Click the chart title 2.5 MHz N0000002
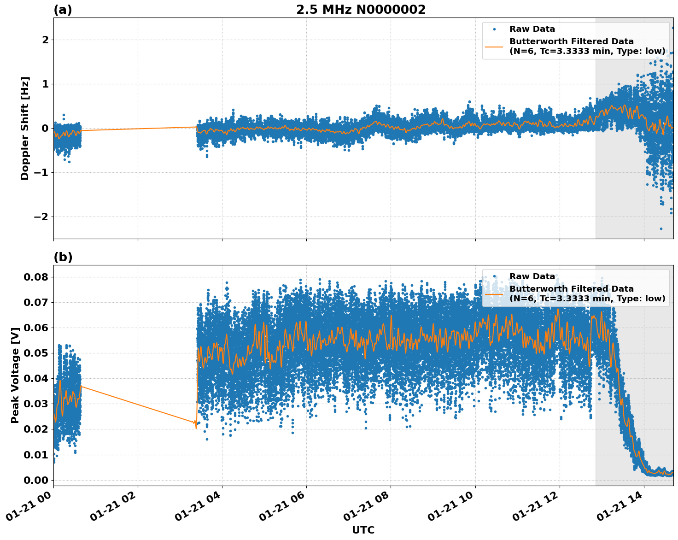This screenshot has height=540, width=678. tap(361, 10)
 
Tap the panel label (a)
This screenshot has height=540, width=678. tap(63, 10)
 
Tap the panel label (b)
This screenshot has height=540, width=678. tap(63, 257)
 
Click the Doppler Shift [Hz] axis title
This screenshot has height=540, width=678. tap(25, 128)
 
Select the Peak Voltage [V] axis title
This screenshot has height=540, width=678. tap(15, 375)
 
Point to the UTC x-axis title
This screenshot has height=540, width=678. tap(363, 530)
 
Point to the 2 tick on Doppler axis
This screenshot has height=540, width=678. tap(45, 40)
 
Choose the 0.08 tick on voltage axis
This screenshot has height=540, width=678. tap(36, 277)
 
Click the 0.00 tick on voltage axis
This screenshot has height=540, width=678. tap(36, 480)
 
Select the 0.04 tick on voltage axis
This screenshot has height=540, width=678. tap(36, 379)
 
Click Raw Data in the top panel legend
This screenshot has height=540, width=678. tap(532, 29)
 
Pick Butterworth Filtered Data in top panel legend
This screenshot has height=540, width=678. tap(571, 41)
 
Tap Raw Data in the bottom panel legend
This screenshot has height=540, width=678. tap(532, 276)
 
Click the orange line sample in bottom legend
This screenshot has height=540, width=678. tap(494, 293)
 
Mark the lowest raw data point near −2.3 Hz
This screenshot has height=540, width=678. tap(661, 229)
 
